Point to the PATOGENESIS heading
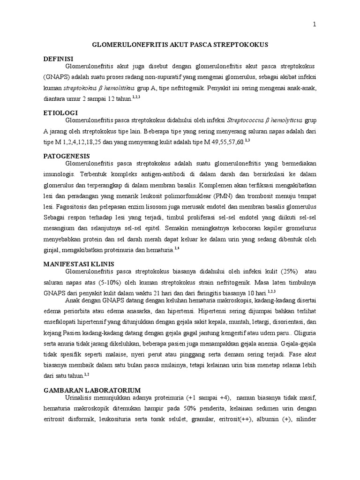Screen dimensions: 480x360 (x=67, y=156)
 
